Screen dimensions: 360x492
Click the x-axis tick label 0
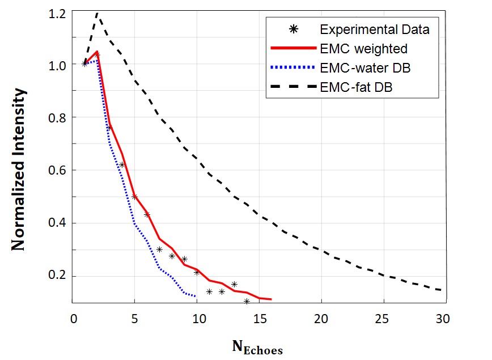coord(73,319)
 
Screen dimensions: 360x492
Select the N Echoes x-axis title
coord(257,346)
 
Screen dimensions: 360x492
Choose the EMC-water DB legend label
coord(365,68)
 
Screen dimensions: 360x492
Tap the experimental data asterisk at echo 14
coord(247,302)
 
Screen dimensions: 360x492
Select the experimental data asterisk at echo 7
coord(159,249)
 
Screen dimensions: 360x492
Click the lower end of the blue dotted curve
coord(196,296)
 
